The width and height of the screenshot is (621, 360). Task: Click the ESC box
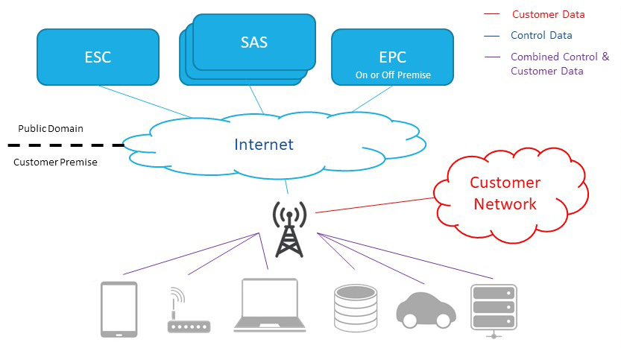97,57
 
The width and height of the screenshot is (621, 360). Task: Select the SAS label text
253,42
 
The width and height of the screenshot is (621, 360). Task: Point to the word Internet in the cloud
264,145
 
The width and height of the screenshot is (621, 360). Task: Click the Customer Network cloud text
504,193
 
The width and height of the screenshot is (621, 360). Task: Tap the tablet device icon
119,309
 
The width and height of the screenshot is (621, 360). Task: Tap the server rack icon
494,309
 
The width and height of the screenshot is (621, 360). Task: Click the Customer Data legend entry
547,14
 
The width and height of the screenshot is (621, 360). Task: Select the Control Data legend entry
541,35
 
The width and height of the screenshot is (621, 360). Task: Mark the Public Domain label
51,128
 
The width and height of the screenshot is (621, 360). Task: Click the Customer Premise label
55,162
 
